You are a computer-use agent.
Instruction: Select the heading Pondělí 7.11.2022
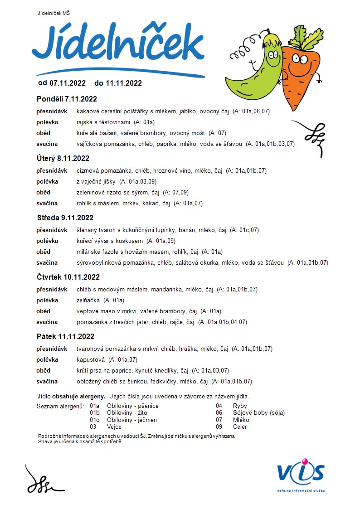67,99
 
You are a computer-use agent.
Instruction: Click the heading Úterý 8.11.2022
63,158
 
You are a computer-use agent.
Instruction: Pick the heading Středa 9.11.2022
65,218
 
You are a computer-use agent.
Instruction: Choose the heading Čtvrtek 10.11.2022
68,277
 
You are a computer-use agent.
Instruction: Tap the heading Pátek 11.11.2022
66,336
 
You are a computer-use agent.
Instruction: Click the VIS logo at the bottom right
301,474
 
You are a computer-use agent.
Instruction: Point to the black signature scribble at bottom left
43,480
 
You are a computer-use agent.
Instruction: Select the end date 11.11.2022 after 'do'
124,83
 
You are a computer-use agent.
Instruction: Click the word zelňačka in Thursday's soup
88,300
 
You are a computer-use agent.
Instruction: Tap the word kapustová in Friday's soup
91,359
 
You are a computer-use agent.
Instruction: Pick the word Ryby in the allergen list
240,406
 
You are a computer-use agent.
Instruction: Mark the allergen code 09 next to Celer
219,427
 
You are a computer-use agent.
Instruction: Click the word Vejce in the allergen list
114,427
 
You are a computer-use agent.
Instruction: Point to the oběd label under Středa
44,252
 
